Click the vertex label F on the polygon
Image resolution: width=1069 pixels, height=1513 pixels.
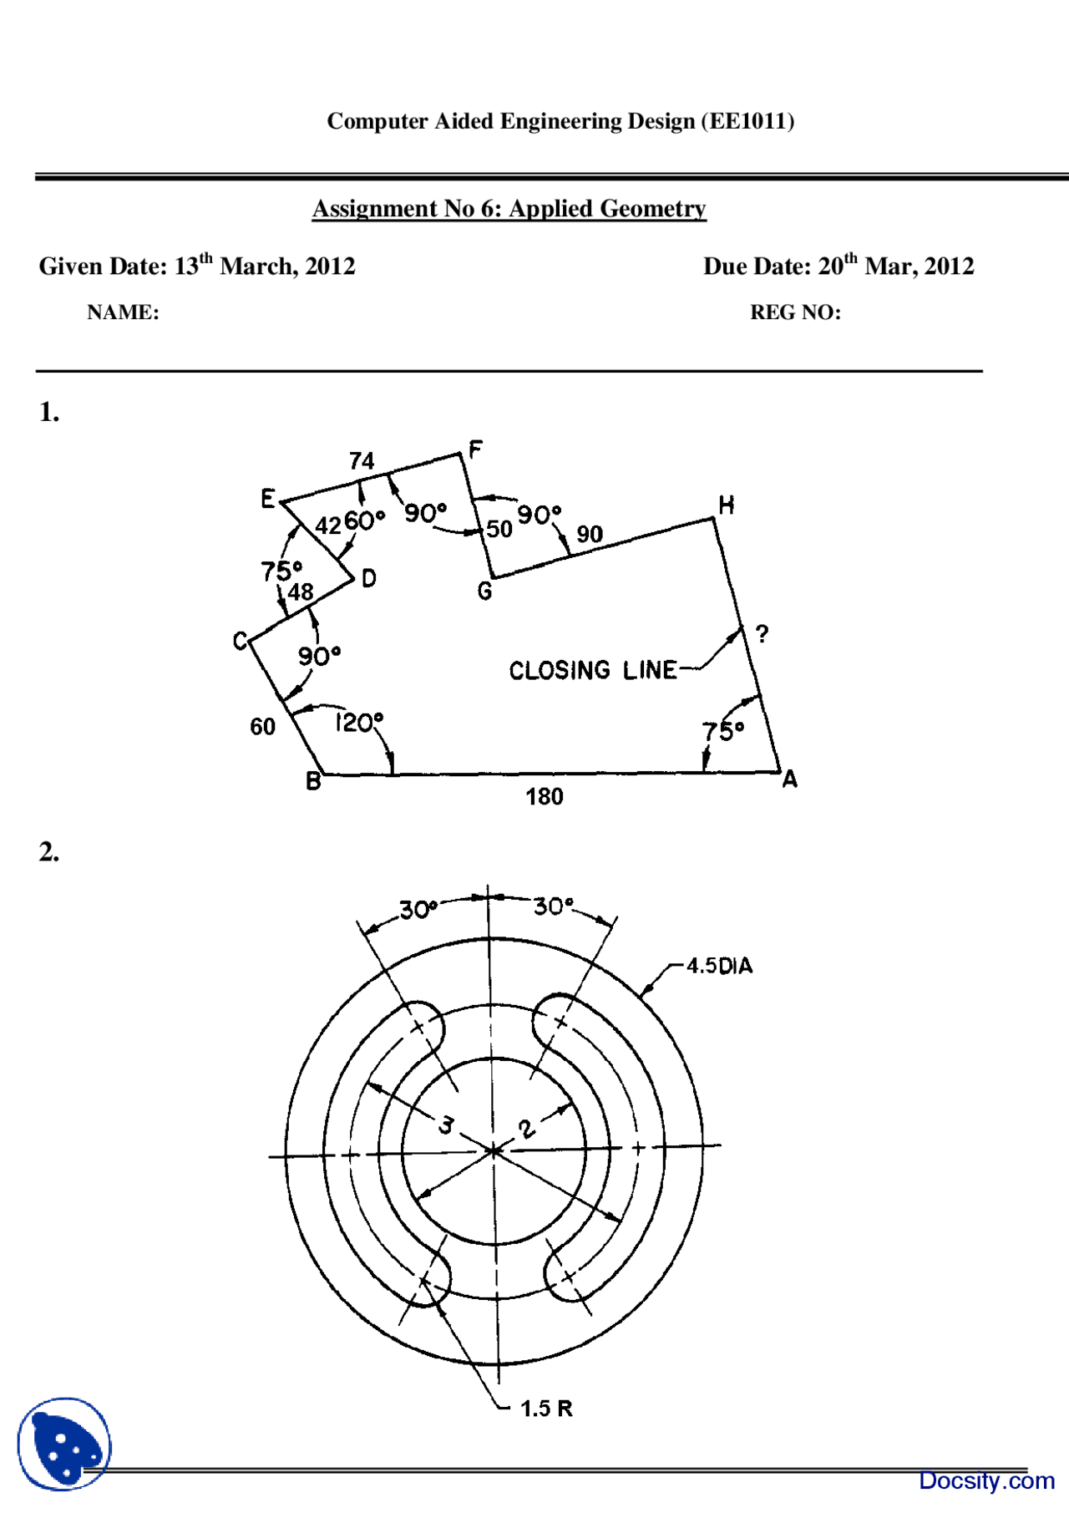(475, 450)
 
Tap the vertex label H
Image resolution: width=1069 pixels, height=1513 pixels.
(726, 505)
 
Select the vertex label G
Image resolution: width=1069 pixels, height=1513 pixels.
(484, 591)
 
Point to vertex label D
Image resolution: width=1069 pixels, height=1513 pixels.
(368, 578)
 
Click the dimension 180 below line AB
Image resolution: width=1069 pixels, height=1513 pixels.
(544, 797)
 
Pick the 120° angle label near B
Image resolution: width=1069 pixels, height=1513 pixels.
(359, 722)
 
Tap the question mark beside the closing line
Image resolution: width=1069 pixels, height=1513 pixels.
(762, 634)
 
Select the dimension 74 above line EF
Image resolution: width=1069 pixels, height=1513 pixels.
(362, 461)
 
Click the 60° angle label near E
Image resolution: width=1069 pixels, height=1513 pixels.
(364, 520)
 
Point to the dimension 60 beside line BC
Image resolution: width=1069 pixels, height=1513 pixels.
(262, 727)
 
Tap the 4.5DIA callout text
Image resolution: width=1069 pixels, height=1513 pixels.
(719, 967)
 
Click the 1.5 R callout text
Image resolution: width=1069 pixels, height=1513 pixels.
(546, 1409)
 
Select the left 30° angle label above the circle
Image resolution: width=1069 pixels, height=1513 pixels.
(418, 909)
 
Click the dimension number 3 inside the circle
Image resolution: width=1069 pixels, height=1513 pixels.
(447, 1125)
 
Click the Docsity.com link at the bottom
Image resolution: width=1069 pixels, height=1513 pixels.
(985, 1480)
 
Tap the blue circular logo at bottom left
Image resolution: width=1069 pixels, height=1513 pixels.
(64, 1444)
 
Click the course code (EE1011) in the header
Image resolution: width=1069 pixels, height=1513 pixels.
(747, 122)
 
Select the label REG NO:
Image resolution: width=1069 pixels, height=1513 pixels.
(795, 312)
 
